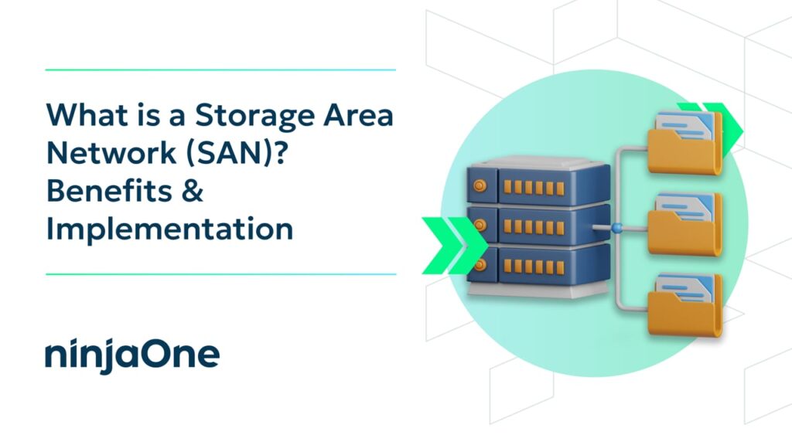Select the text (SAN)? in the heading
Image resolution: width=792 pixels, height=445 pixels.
pyautogui.click(x=235, y=154)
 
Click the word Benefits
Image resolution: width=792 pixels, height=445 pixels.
pyautogui.click(x=109, y=191)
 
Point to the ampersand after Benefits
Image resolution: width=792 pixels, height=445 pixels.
pyautogui.click(x=192, y=191)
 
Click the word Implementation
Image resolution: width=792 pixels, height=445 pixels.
pyautogui.click(x=169, y=229)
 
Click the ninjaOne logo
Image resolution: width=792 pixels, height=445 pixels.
pyautogui.click(x=132, y=355)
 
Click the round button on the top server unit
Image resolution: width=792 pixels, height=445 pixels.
pyautogui.click(x=480, y=185)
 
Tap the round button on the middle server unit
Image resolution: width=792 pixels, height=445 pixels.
pyautogui.click(x=480, y=225)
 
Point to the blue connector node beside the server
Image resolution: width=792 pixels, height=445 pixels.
pyautogui.click(x=616, y=228)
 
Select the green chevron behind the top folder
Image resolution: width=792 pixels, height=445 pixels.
pyautogui.click(x=717, y=130)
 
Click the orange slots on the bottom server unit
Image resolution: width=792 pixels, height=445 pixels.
pyautogui.click(x=534, y=267)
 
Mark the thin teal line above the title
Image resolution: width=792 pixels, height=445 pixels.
pyautogui.click(x=220, y=70)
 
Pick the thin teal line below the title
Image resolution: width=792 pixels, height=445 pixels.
pyautogui.click(x=220, y=274)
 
